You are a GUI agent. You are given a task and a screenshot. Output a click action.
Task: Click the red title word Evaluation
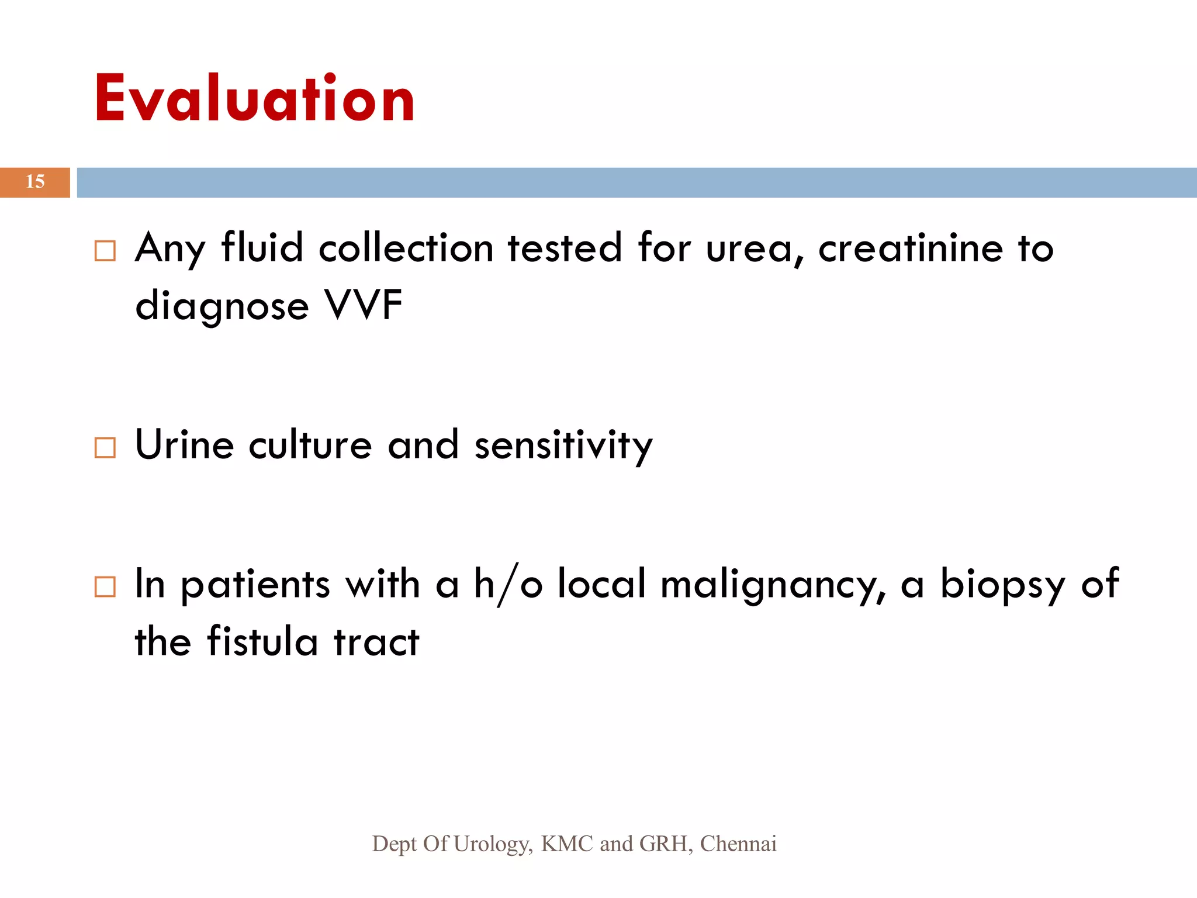click(x=254, y=98)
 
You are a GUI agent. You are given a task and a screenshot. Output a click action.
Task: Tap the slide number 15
click(x=35, y=182)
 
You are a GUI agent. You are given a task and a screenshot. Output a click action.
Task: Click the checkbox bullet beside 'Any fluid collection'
click(x=105, y=251)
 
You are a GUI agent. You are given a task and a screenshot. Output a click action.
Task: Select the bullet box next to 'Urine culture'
click(x=105, y=448)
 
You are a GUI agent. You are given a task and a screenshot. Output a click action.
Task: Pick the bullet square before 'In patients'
click(x=105, y=586)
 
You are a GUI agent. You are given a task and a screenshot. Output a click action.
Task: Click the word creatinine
click(x=911, y=248)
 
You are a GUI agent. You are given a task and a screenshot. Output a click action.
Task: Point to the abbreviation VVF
click(x=364, y=305)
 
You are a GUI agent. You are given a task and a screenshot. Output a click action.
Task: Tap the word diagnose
click(x=222, y=307)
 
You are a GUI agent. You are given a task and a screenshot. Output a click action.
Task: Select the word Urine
click(x=185, y=445)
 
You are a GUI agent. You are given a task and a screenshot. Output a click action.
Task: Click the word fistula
click(x=263, y=641)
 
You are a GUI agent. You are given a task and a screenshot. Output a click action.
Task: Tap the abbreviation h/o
click(x=508, y=584)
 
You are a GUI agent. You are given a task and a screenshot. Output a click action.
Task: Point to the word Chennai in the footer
click(x=738, y=844)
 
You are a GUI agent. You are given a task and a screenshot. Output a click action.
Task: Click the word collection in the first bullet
click(x=406, y=248)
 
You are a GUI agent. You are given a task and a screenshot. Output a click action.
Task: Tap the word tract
click(x=376, y=642)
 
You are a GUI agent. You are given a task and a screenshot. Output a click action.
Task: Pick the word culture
click(x=310, y=445)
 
